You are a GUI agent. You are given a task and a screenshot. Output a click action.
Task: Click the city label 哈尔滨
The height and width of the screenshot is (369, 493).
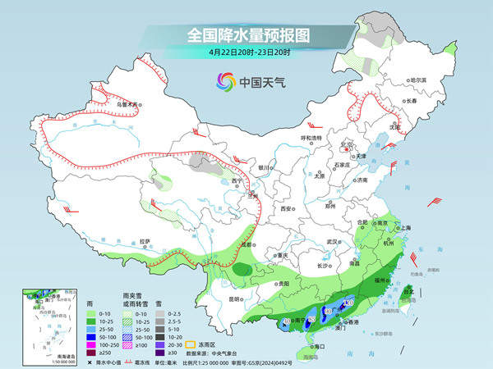coord(418,80)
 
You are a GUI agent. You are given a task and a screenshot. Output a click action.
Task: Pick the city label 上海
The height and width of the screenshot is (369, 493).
coord(403,227)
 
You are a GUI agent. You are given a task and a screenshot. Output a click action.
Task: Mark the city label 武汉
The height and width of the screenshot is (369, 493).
coord(332,242)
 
